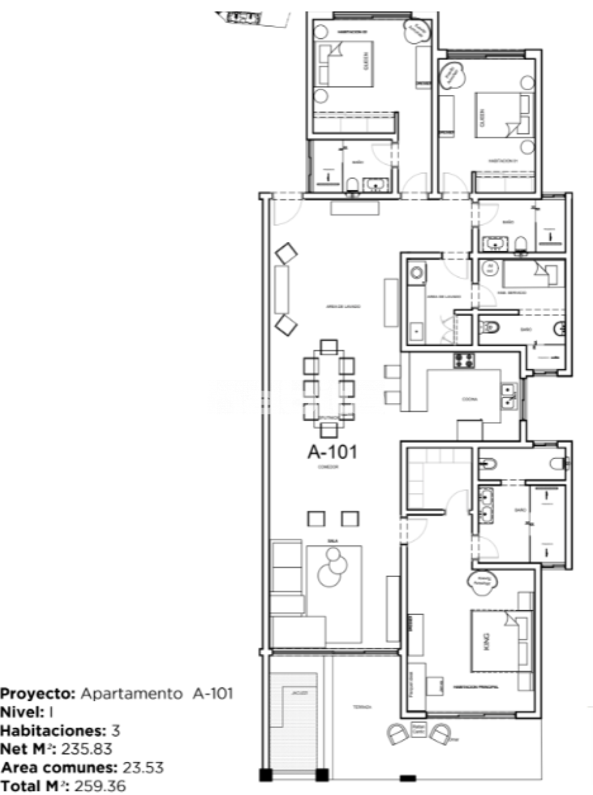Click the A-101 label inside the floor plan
point(332,452)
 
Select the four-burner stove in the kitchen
point(464,360)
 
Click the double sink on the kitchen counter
point(510,396)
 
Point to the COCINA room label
point(469,400)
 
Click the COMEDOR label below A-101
point(327,468)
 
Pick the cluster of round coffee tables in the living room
point(333,567)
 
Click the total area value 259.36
point(100,786)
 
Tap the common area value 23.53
point(142,768)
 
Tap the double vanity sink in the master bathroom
point(485,504)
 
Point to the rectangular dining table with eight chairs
point(329,388)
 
